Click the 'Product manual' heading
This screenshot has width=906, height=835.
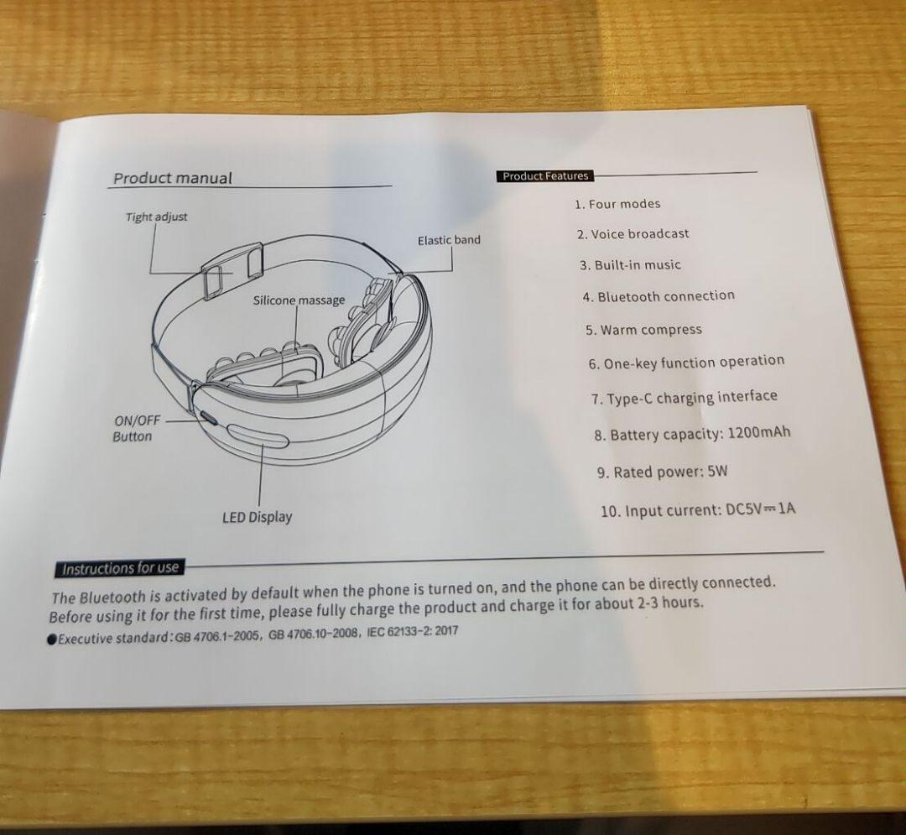click(x=173, y=178)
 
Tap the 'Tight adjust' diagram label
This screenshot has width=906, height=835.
click(x=157, y=217)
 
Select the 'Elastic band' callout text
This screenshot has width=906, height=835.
click(x=449, y=240)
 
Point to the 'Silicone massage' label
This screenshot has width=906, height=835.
click(x=299, y=300)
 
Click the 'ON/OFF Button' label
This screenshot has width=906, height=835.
click(x=133, y=428)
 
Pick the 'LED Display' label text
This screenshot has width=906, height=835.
click(x=257, y=517)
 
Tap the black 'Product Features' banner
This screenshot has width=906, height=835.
click(x=545, y=176)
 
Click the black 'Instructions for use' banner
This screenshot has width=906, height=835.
click(x=120, y=568)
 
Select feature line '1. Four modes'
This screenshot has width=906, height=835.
click(x=617, y=204)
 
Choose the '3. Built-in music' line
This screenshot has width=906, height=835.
click(x=630, y=265)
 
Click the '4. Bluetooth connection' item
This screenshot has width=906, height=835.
click(x=659, y=296)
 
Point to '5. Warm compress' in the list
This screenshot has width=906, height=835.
click(x=643, y=330)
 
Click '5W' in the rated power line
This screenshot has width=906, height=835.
click(x=717, y=471)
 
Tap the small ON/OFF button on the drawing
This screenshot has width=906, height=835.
click(x=206, y=418)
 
